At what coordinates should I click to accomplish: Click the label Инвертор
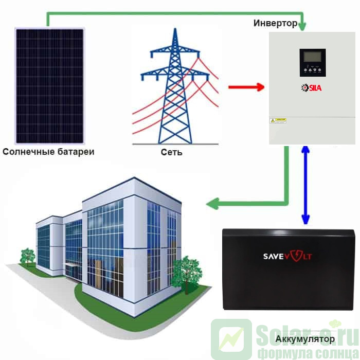tap(275, 24)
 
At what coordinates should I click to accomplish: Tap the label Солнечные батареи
tap(49, 152)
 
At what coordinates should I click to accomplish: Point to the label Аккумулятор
tap(305, 339)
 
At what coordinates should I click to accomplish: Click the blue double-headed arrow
tap(305, 185)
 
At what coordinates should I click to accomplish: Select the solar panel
tap(49, 86)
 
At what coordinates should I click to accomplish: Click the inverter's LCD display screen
tap(312, 57)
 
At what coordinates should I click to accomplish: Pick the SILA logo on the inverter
tap(311, 88)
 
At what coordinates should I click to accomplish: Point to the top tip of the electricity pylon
tap(175, 29)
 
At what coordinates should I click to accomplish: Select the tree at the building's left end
tap(27, 255)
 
